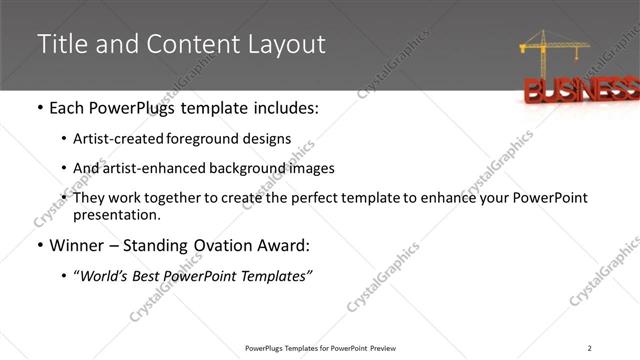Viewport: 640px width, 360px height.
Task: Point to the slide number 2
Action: [590, 347]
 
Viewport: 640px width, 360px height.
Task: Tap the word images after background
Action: [311, 168]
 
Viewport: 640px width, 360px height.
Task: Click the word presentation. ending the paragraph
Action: [116, 214]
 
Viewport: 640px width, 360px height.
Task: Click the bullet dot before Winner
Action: [39, 245]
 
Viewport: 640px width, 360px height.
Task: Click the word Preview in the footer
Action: [383, 348]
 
